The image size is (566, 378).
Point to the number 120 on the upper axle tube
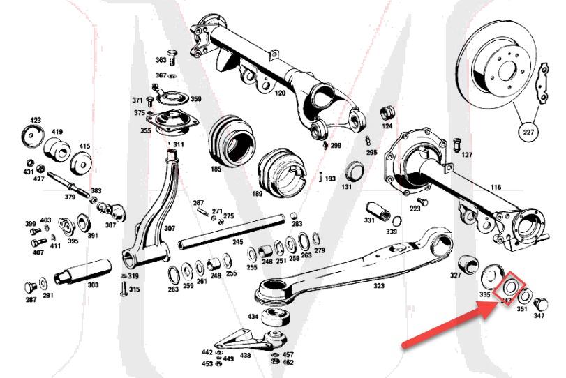(x=280, y=93)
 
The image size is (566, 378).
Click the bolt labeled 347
(x=542, y=304)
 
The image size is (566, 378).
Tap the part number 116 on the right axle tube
(x=496, y=188)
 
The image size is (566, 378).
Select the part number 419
(x=58, y=131)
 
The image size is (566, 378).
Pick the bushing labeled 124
(x=388, y=113)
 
